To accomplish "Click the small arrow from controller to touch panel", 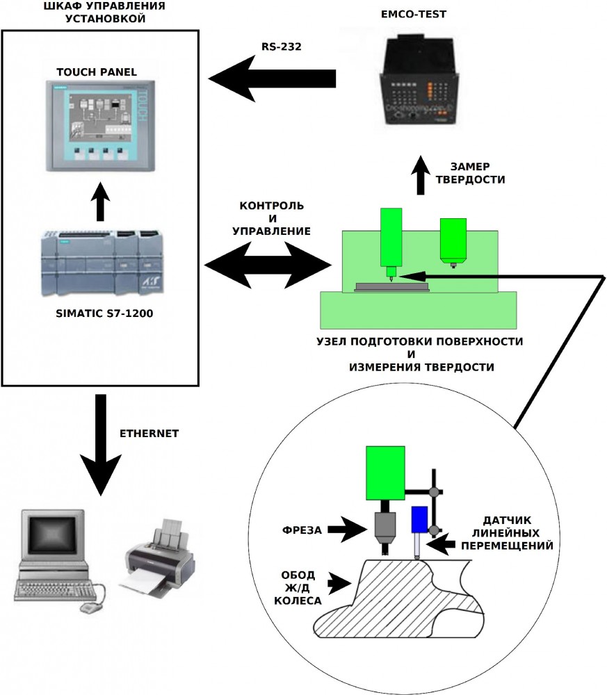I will [x=102, y=202].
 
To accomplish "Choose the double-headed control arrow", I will [x=268, y=265].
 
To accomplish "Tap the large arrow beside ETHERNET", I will [x=101, y=438].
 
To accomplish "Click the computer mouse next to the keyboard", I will [x=90, y=607].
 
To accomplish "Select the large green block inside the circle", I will [x=385, y=473].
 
